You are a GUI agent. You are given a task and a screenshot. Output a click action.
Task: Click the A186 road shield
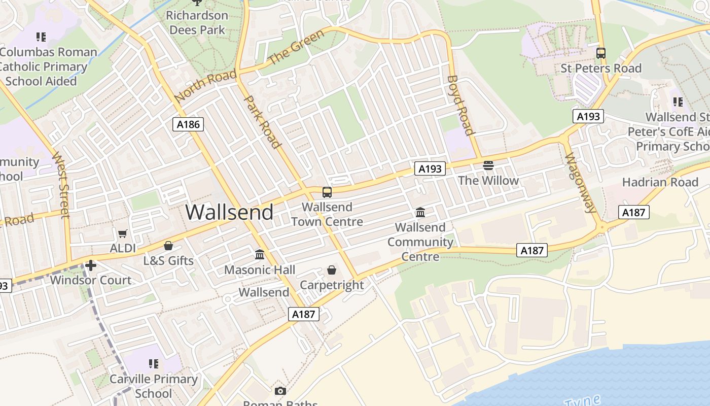pos(188,124)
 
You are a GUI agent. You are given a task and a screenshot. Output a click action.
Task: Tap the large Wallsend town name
pos(229,212)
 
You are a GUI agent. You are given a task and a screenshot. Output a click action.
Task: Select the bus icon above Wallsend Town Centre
pos(327,192)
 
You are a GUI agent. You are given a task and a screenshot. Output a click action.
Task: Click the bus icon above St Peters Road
pos(601,53)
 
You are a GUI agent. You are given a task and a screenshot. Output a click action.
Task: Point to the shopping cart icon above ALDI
pos(122,234)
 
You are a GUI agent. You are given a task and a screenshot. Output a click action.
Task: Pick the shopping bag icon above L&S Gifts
pos(168,246)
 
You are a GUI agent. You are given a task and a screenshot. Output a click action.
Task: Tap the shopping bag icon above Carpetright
pos(332,270)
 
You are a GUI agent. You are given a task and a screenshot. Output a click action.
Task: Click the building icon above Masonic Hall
pos(260,254)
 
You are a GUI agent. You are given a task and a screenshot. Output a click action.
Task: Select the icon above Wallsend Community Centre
pos(420,212)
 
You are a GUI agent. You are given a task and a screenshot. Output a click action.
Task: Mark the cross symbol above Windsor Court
pos(91,265)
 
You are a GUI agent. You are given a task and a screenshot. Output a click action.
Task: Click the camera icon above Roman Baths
pos(280,391)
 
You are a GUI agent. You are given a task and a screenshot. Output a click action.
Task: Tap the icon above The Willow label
pos(488,165)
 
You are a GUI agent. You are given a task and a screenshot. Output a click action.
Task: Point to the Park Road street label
pos(263,122)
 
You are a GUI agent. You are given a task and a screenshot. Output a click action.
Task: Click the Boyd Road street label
pos(460,105)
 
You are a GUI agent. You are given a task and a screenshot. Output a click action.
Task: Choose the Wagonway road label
pos(578,182)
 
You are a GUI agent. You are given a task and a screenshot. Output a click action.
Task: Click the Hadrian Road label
pos(660,182)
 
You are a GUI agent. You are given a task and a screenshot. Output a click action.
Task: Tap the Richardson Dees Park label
pos(197,22)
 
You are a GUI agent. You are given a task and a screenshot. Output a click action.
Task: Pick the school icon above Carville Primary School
pos(154,364)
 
